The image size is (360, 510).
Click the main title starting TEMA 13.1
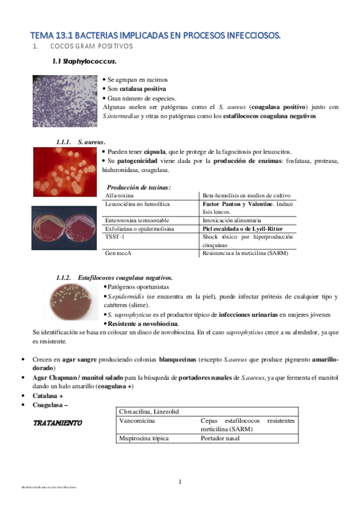click(x=156, y=35)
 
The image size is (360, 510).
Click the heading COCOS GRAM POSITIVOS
click(x=91, y=46)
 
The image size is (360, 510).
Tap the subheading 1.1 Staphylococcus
click(x=85, y=61)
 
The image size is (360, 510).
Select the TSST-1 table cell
click(x=115, y=236)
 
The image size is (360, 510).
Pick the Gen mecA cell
click(x=118, y=254)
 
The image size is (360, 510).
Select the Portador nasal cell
click(x=220, y=438)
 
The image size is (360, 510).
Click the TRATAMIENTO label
click(x=57, y=423)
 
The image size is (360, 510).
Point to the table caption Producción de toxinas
click(x=139, y=188)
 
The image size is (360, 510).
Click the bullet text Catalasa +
click(x=49, y=396)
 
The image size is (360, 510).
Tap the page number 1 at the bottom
click(x=180, y=482)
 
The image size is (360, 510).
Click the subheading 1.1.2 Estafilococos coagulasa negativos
click(x=114, y=278)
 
